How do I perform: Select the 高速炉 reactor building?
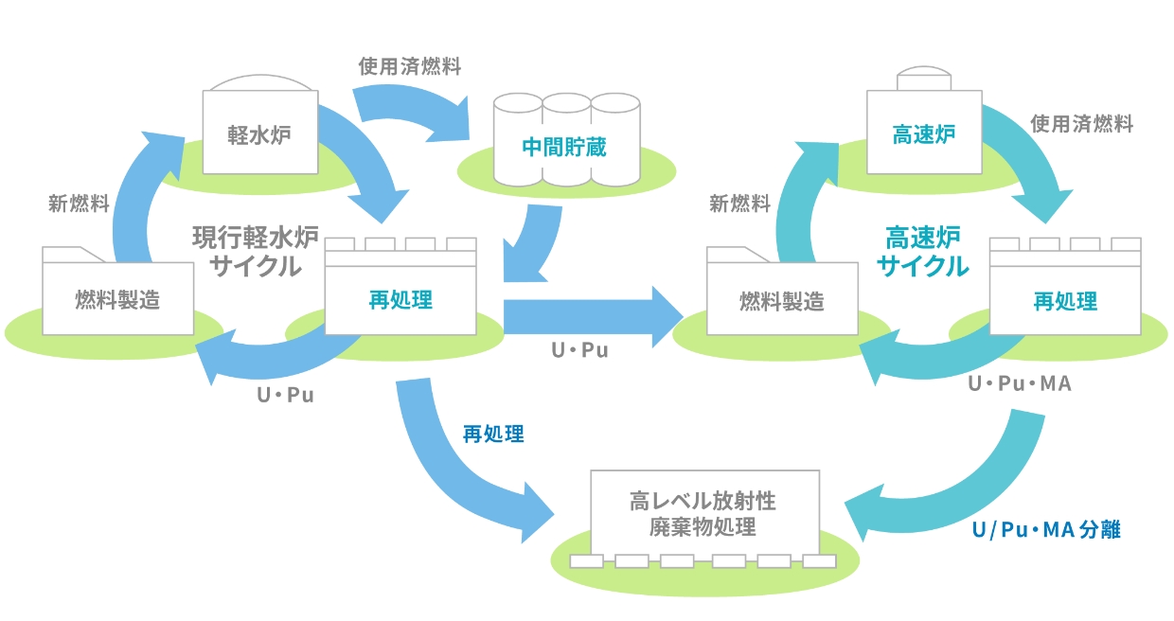pyautogui.click(x=923, y=133)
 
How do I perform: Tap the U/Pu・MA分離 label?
pyautogui.click(x=1045, y=530)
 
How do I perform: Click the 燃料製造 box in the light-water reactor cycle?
pyautogui.click(x=118, y=300)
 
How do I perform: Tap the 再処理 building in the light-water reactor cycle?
pyautogui.click(x=400, y=300)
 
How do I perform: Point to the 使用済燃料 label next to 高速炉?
pyautogui.click(x=1081, y=124)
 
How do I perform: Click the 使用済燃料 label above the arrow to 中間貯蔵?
pyautogui.click(x=410, y=66)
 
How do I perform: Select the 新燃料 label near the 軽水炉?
pyautogui.click(x=79, y=204)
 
